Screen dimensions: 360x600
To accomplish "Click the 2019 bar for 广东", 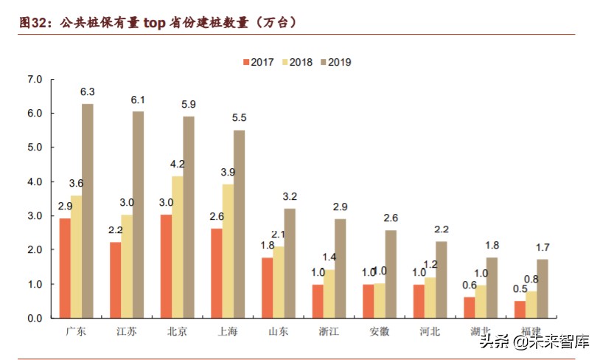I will pyautogui.click(x=88, y=211).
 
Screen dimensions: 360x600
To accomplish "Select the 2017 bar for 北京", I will pyautogui.click(x=167, y=266).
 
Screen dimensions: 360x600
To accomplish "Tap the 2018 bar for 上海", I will pyautogui.click(x=228, y=251).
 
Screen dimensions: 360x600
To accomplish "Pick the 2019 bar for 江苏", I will pyautogui.click(x=138, y=215).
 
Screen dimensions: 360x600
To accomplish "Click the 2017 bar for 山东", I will pyautogui.click(x=267, y=288).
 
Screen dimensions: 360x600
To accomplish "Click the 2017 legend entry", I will pyautogui.click(x=258, y=62).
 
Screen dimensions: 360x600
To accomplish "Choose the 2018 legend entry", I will pyautogui.click(x=296, y=62).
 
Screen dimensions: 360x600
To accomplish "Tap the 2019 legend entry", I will pyautogui.click(x=335, y=62).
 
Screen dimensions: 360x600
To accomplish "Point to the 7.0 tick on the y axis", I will pyautogui.click(x=35, y=79).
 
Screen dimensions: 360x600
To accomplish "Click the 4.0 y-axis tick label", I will pyautogui.click(x=35, y=181).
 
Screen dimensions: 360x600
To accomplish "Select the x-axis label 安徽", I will pyautogui.click(x=379, y=331).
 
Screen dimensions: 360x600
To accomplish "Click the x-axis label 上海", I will pyautogui.click(x=228, y=331).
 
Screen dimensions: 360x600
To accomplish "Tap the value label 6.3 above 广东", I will pyautogui.click(x=88, y=92).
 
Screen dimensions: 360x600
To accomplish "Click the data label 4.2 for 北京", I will pyautogui.click(x=178, y=164).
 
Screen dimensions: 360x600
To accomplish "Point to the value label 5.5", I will pyautogui.click(x=239, y=118).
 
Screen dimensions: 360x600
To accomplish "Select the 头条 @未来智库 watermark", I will pyautogui.click(x=535, y=342).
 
